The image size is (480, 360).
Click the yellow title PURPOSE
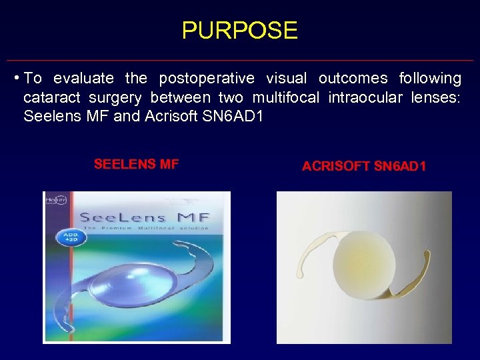tap(239, 31)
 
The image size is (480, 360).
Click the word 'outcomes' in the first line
tap(353, 79)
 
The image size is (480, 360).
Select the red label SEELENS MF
tap(136, 164)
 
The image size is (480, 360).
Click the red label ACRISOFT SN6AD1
tap(363, 167)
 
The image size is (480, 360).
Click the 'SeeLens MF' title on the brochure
tap(144, 217)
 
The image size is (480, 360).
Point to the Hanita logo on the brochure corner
tap(53, 199)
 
